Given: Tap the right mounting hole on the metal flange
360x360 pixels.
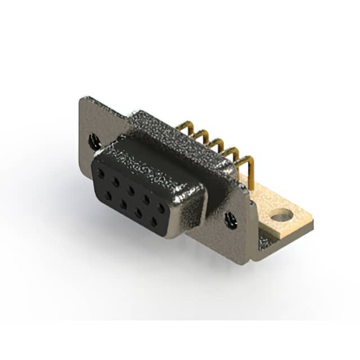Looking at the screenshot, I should [231, 220].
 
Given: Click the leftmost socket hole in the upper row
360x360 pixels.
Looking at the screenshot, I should [102, 173].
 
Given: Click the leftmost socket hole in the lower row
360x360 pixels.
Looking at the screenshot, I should [108, 195].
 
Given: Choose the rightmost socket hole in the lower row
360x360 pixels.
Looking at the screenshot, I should [153, 222].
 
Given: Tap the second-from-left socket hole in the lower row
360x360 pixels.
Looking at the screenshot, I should [123, 204].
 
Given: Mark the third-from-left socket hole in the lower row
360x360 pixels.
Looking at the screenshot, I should [138, 213].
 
